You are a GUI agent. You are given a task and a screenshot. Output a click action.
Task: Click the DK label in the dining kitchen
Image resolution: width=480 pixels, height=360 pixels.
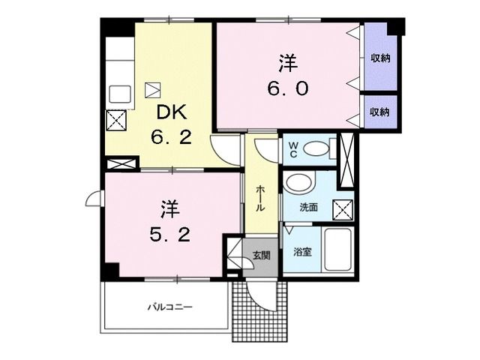pyautogui.click(x=172, y=112)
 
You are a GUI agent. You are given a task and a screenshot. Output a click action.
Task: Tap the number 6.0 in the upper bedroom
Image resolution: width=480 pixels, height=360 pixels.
pyautogui.click(x=288, y=88)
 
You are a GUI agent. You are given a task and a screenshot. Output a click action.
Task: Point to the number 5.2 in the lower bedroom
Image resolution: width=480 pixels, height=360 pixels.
pyautogui.click(x=170, y=235)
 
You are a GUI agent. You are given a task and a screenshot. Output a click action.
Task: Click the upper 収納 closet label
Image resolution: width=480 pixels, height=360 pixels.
pyautogui.click(x=380, y=58)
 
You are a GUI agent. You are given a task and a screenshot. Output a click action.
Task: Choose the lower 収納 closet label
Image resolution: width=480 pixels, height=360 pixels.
pyautogui.click(x=380, y=112)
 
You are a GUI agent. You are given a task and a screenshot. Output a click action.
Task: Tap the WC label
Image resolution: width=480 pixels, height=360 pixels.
pyautogui.click(x=293, y=149)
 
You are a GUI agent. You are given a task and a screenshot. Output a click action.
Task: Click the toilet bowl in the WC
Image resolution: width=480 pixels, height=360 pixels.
pyautogui.click(x=316, y=149)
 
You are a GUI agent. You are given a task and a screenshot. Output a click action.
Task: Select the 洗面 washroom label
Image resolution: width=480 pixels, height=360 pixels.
pyautogui.click(x=308, y=207)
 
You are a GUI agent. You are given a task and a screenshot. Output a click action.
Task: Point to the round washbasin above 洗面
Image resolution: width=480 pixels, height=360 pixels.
pyautogui.click(x=298, y=184)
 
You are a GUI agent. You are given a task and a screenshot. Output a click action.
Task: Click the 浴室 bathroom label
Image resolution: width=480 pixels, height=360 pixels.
pyautogui.click(x=303, y=252)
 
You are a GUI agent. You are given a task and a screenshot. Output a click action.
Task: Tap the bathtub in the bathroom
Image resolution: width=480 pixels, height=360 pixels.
pyautogui.click(x=337, y=249)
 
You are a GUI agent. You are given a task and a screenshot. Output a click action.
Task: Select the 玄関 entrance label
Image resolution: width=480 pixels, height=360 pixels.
pyautogui.click(x=261, y=255)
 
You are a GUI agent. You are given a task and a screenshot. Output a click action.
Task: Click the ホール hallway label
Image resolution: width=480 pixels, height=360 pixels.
pyautogui.click(x=259, y=198)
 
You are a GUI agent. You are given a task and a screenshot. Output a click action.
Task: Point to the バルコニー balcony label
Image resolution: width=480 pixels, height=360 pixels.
pyautogui.click(x=170, y=307)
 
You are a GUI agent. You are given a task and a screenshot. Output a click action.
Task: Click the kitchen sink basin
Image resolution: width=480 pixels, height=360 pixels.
pyautogui.click(x=120, y=94)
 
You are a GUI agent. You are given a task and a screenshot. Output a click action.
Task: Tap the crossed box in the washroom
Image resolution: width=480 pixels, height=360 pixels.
pyautogui.click(x=343, y=210)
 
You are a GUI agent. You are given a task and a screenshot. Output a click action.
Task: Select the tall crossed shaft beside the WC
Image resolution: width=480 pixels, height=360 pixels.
pyautogui.click(x=347, y=160)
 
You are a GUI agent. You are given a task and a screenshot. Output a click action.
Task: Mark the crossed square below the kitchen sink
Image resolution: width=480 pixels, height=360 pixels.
pyautogui.click(x=116, y=120)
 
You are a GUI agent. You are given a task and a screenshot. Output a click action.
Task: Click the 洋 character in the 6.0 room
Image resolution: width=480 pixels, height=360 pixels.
pyautogui.click(x=288, y=63)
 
